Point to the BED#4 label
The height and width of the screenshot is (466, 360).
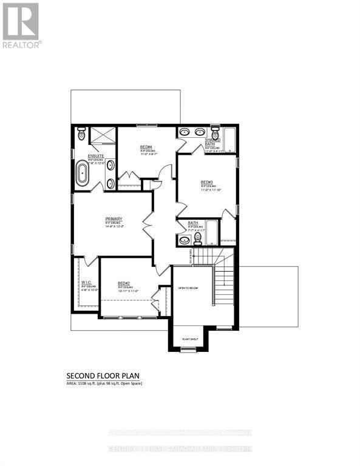[146, 147]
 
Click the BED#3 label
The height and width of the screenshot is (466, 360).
[207, 182]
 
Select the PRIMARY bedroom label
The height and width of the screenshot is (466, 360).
[114, 219]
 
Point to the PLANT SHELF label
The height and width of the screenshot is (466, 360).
[190, 339]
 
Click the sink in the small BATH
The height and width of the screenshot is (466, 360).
[185, 240]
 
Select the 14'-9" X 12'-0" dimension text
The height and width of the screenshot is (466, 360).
[114, 228]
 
